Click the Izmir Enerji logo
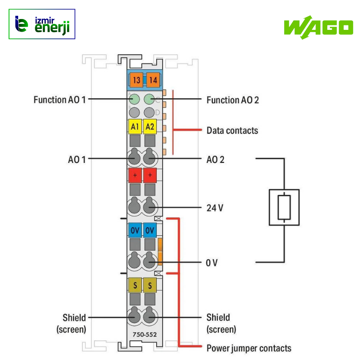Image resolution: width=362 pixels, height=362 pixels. pyautogui.click(x=42, y=24)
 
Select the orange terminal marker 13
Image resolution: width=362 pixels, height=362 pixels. pyautogui.click(x=135, y=81)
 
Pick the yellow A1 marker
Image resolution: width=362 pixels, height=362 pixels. pyautogui.click(x=135, y=127)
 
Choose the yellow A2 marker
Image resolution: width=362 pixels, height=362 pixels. pyautogui.click(x=150, y=127)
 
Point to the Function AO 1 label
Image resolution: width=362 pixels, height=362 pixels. pyautogui.click(x=59, y=100)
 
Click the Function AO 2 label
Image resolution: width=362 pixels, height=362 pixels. pyautogui.click(x=233, y=100)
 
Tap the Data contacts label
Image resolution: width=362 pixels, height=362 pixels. pyautogui.click(x=232, y=130)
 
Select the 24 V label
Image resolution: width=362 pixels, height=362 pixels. pyautogui.click(x=214, y=208)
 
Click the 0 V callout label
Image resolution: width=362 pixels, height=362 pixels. pyautogui.click(x=212, y=262)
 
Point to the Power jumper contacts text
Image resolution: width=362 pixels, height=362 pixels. pyautogui.click(x=249, y=348)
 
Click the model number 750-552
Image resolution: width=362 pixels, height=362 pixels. pyautogui.click(x=142, y=335)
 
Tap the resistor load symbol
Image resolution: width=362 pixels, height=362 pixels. pyautogui.click(x=284, y=207)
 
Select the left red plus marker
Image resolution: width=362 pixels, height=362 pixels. pyautogui.click(x=135, y=175)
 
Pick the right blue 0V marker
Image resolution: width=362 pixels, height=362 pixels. pyautogui.click(x=150, y=230)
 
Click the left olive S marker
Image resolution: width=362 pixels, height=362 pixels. pyautogui.click(x=135, y=285)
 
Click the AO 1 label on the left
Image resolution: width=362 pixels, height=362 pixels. pyautogui.click(x=76, y=159)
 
